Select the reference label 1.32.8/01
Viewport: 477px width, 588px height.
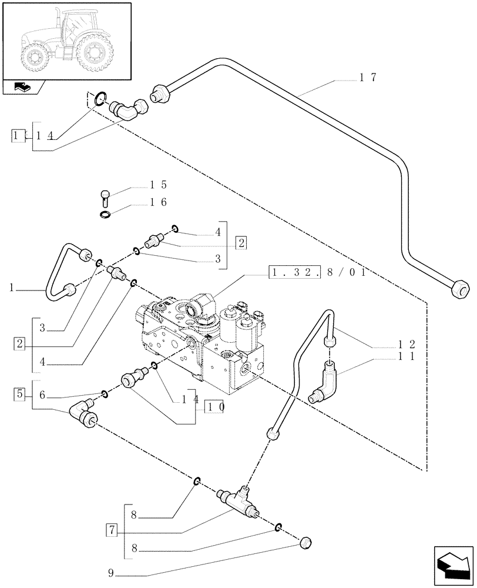tap(318, 273)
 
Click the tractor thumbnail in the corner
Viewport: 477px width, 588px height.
tap(66, 39)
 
